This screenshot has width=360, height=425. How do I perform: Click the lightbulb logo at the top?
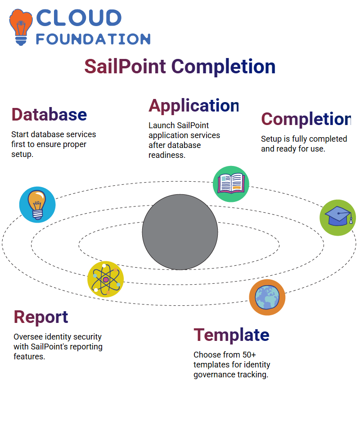(x=21, y=27)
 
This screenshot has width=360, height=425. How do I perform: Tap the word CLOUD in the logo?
(x=79, y=18)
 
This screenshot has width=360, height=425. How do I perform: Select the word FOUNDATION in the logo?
(x=93, y=39)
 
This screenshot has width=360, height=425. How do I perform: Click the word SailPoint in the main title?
(x=125, y=67)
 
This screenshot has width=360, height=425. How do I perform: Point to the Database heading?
(x=49, y=114)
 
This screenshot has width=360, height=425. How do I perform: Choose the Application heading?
(x=193, y=106)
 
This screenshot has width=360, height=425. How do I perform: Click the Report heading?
(x=40, y=317)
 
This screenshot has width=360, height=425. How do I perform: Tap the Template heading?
(x=231, y=335)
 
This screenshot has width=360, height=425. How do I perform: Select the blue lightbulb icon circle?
(x=37, y=205)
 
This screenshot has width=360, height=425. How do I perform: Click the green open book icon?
(x=231, y=184)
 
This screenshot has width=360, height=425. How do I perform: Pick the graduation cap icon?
(x=338, y=218)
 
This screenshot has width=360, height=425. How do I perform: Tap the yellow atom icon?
(x=106, y=279)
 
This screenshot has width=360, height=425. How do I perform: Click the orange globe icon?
(x=267, y=297)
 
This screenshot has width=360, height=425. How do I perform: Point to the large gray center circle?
(x=180, y=232)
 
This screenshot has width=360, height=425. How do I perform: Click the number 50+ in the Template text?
(x=249, y=355)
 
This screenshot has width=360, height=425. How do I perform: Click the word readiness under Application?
(x=167, y=155)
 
